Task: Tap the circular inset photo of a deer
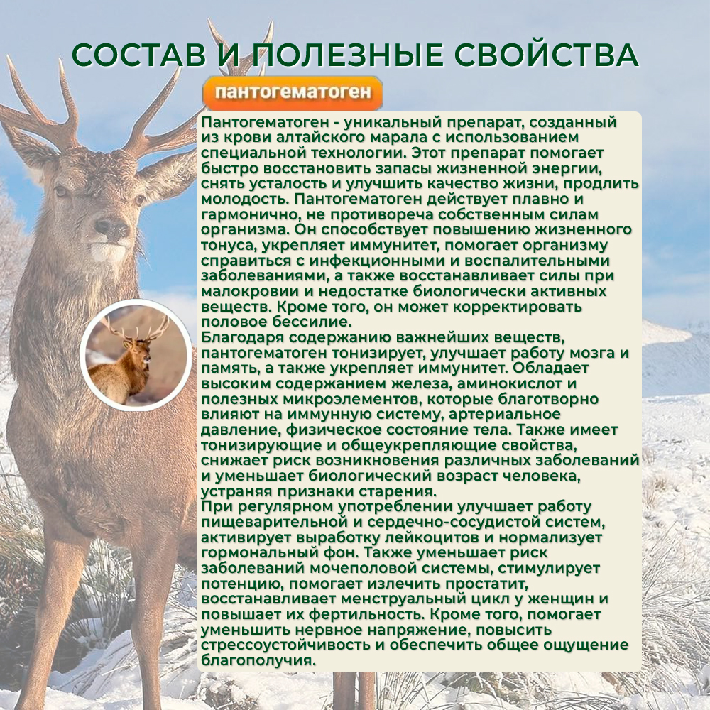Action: click(136, 355)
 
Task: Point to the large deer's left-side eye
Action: click(60, 191)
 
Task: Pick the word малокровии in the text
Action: click(247, 292)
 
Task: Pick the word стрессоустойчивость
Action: click(289, 645)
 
